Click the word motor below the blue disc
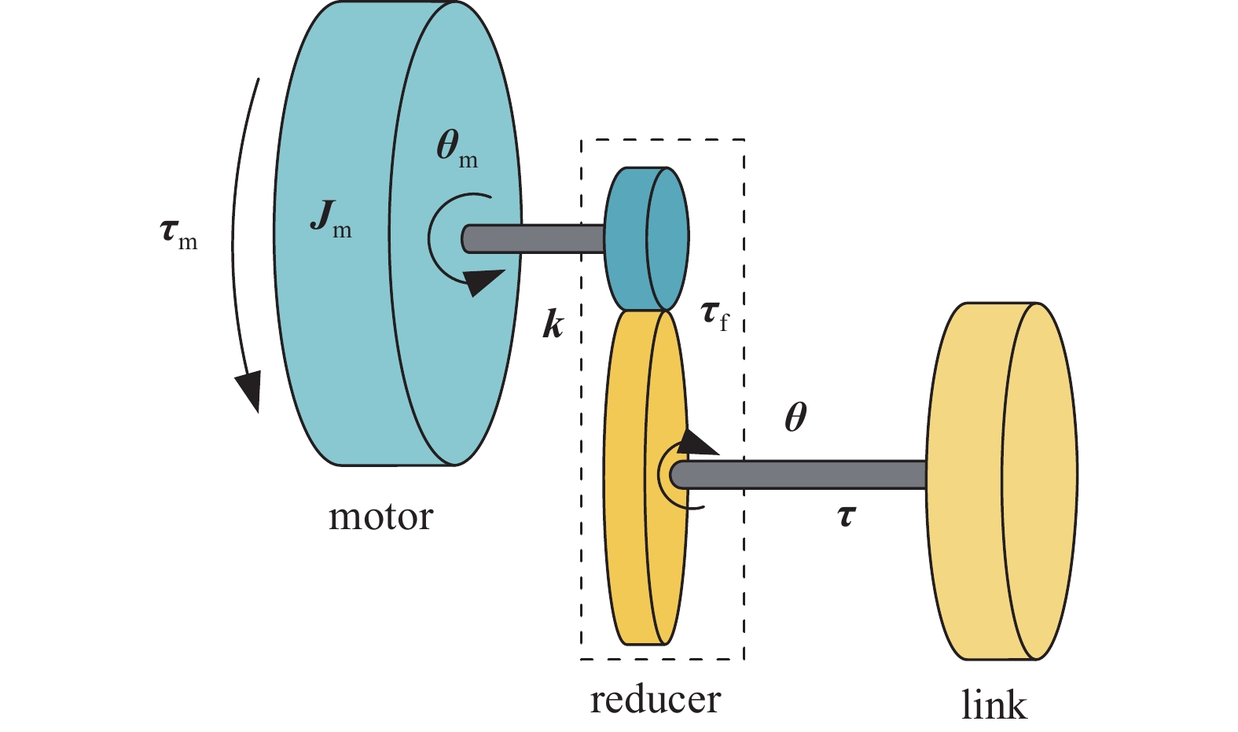[380, 517]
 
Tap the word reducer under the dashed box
[655, 700]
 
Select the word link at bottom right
[994, 704]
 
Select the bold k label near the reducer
[553, 323]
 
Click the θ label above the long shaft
[795, 417]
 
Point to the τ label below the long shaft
[846, 517]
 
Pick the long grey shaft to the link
[810, 475]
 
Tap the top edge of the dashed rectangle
[662, 140]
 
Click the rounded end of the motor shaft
[468, 239]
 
